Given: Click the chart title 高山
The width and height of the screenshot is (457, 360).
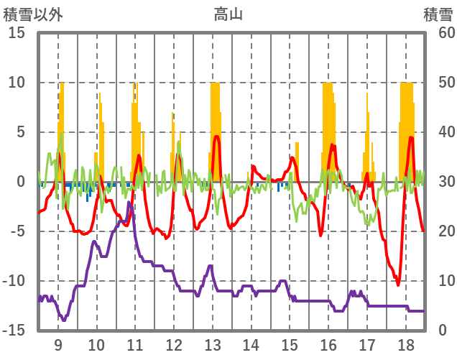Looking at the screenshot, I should coord(228,14).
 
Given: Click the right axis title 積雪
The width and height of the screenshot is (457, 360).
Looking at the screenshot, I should coord(438,14).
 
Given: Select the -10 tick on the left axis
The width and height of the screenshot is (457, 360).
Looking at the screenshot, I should coord(14,281).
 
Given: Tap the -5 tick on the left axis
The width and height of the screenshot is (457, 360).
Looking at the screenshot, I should coord(17,231).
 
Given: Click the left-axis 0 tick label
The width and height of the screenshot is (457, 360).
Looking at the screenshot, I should coord(21,182).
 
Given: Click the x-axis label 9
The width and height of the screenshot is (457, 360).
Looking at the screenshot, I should coord(58,344).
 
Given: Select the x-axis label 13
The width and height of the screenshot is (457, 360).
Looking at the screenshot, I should coord(212,344).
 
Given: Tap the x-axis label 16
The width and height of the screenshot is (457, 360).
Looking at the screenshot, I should coord(328,344).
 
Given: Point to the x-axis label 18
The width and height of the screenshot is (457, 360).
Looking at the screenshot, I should coord(406,344).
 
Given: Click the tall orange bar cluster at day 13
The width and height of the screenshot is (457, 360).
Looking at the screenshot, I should coord(215,129).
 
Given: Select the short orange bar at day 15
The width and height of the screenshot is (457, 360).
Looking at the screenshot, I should coord(297,162).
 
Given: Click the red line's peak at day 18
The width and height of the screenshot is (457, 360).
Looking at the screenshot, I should coord(411,137).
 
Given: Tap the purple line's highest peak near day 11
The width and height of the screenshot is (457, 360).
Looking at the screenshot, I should coord(129,203).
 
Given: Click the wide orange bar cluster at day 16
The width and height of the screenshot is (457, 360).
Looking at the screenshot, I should coord(328,129).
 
